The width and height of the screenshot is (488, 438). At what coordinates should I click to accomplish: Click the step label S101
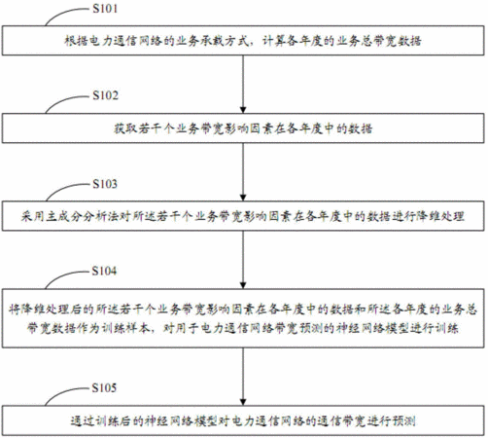[105, 9]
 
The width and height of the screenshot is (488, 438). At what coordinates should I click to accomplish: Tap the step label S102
[105, 95]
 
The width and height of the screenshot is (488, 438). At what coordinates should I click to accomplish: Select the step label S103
[105, 184]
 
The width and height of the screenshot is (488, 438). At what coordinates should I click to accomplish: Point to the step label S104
[104, 271]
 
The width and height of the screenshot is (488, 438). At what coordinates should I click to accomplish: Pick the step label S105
[104, 387]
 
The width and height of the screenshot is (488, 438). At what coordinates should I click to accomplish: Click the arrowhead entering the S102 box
[243, 110]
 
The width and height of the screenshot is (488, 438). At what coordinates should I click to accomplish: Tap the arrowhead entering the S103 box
[243, 198]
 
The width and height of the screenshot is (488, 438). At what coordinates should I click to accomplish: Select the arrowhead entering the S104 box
[243, 285]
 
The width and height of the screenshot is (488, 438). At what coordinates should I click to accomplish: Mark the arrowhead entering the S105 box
[243, 402]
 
